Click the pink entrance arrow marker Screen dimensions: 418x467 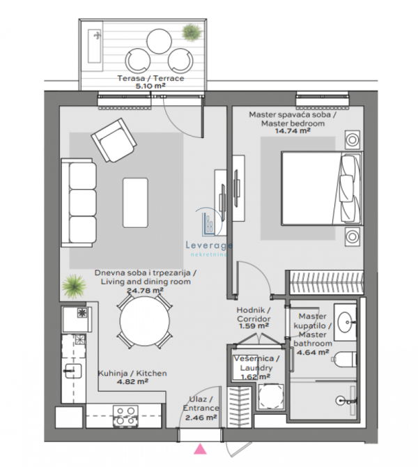point(200,449)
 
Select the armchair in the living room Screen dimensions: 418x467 point(114,140)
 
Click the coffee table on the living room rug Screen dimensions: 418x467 point(135,203)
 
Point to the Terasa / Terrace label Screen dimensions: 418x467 point(150,78)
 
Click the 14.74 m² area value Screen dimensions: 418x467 point(293,131)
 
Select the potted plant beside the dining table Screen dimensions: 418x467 point(74,286)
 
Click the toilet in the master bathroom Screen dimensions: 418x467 point(344,359)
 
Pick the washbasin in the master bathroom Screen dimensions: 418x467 point(346,322)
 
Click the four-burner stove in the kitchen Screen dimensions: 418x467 point(125,416)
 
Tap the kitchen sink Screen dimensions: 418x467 point(72,371)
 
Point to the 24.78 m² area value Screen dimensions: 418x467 point(145,290)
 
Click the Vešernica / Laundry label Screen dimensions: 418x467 point(256,363)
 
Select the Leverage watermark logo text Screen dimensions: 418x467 point(209,245)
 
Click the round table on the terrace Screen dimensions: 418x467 point(159,41)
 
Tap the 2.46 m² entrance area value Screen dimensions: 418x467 point(201,418)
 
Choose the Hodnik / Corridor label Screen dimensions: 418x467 point(254,314)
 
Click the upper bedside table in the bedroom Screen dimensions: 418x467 point(353,139)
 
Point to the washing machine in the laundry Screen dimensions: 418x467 point(271,396)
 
